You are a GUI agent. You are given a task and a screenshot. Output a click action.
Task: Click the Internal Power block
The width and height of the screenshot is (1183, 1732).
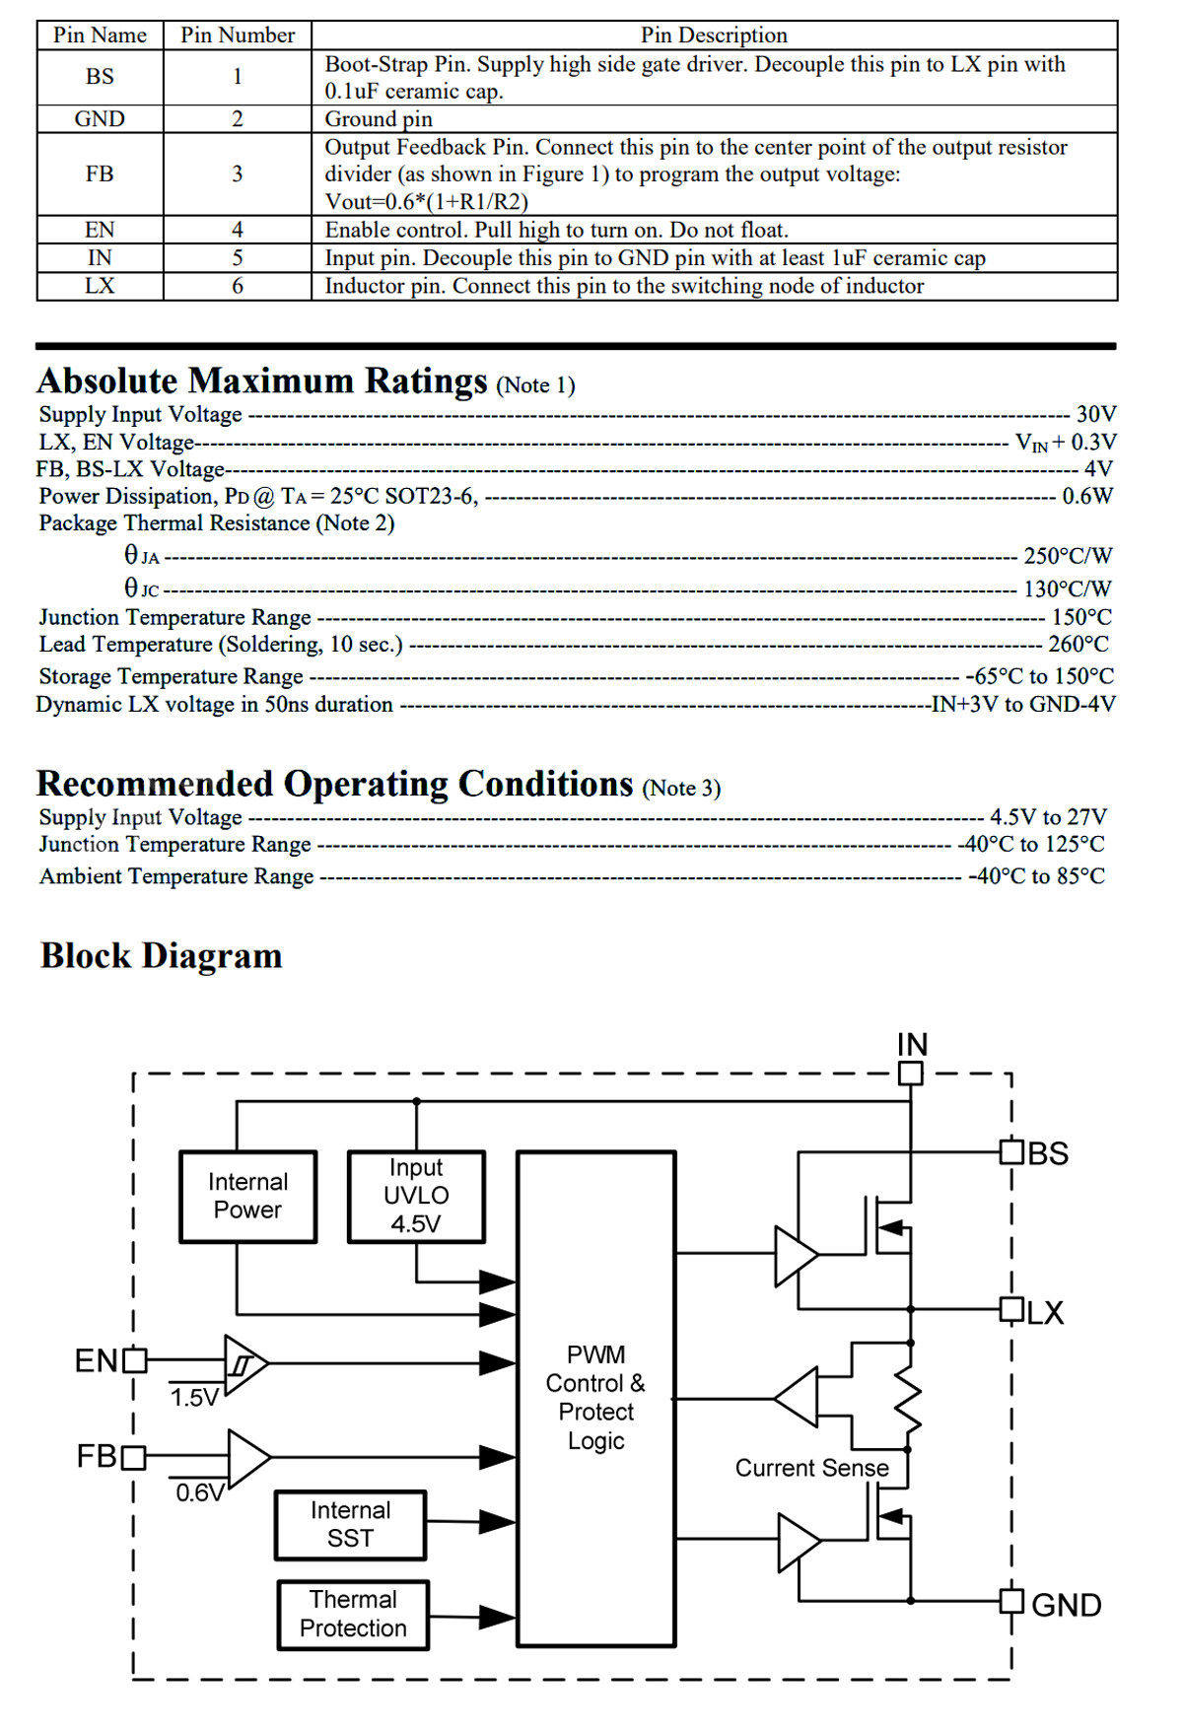click(x=247, y=1196)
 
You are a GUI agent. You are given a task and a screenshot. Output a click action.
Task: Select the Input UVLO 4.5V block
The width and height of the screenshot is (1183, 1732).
click(x=416, y=1196)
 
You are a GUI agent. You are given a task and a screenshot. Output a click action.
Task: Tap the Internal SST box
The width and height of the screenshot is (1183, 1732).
click(x=350, y=1525)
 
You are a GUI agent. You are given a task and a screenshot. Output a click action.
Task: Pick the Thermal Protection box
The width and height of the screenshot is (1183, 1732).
click(x=353, y=1615)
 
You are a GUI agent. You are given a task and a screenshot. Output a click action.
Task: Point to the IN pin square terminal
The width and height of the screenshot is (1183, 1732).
click(x=911, y=1073)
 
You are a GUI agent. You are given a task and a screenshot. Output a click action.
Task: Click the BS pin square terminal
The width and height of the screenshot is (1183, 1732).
click(x=1011, y=1151)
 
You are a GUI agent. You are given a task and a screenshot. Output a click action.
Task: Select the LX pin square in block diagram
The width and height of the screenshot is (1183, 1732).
click(x=1011, y=1309)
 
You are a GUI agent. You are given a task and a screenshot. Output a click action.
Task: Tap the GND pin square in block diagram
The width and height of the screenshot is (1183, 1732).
click(x=1011, y=1601)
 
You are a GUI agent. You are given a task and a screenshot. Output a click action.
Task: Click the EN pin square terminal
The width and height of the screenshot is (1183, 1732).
click(x=135, y=1361)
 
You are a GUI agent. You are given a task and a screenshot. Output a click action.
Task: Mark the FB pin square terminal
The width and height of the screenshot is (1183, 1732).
click(x=134, y=1457)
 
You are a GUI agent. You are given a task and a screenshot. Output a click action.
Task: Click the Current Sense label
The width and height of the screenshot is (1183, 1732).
click(x=811, y=1468)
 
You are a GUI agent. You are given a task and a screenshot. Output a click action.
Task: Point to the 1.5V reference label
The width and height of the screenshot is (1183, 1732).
click(x=194, y=1398)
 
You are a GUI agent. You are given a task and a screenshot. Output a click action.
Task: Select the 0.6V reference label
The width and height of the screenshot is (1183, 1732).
click(x=200, y=1492)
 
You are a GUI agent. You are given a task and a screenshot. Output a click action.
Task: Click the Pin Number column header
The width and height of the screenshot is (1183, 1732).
click(x=238, y=35)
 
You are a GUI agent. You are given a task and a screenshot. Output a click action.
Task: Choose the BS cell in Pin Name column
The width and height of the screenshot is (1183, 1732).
click(x=100, y=77)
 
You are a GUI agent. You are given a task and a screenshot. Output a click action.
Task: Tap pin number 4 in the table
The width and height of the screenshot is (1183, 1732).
click(x=238, y=230)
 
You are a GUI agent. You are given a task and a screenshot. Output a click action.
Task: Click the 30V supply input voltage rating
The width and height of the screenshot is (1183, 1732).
click(x=1096, y=414)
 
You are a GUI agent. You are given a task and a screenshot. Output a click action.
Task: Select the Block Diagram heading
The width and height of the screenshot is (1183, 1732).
click(x=162, y=956)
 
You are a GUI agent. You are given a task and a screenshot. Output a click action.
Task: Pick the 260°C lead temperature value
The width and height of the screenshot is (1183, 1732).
click(x=1079, y=645)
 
